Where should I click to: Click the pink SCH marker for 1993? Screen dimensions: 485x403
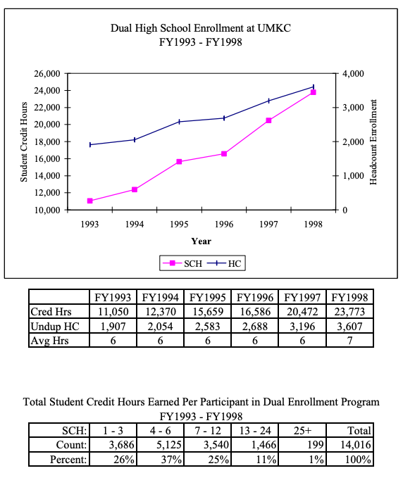(x=90, y=201)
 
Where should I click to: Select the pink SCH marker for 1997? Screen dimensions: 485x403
(x=268, y=120)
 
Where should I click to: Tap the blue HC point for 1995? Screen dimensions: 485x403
(x=180, y=122)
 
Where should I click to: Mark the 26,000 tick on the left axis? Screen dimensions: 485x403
(x=46, y=73)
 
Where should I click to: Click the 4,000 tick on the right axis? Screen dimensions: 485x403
(x=352, y=73)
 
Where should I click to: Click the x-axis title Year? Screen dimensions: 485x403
(x=201, y=241)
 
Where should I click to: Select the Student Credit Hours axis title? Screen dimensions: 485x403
(x=24, y=141)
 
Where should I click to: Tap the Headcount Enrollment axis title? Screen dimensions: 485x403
(x=374, y=141)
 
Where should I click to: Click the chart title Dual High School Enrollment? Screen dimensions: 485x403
(x=201, y=27)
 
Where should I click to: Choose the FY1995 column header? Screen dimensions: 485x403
(x=207, y=296)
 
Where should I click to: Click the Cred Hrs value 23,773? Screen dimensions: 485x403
(x=350, y=311)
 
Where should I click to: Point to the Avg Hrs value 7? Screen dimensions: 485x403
(x=350, y=341)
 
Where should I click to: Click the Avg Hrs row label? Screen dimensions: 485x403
(x=48, y=341)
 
